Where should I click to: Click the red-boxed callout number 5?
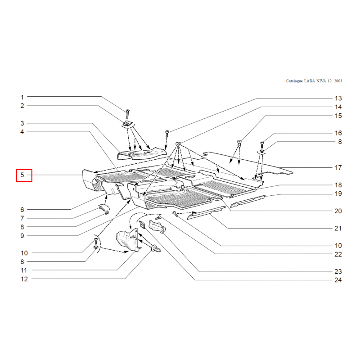tap(22, 175)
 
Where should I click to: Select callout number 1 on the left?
tap(22, 97)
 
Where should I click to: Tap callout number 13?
tap(338, 98)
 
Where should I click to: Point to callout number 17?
tap(338, 167)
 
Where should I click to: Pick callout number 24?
tap(338, 280)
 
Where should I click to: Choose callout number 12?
tap(24, 279)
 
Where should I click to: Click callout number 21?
tap(338, 228)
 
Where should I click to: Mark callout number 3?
tap(22, 123)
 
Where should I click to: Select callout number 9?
tap(22, 236)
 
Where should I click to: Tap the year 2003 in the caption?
tap(338, 81)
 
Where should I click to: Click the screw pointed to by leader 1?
tap(127, 114)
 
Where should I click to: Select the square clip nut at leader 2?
tap(126, 124)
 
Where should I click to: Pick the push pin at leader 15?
tap(239, 143)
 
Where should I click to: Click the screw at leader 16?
tap(262, 145)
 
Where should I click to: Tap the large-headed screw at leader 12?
tap(156, 249)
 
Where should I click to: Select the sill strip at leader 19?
tap(248, 201)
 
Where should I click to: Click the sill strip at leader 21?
tap(206, 212)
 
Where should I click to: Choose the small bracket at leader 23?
tap(157, 226)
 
